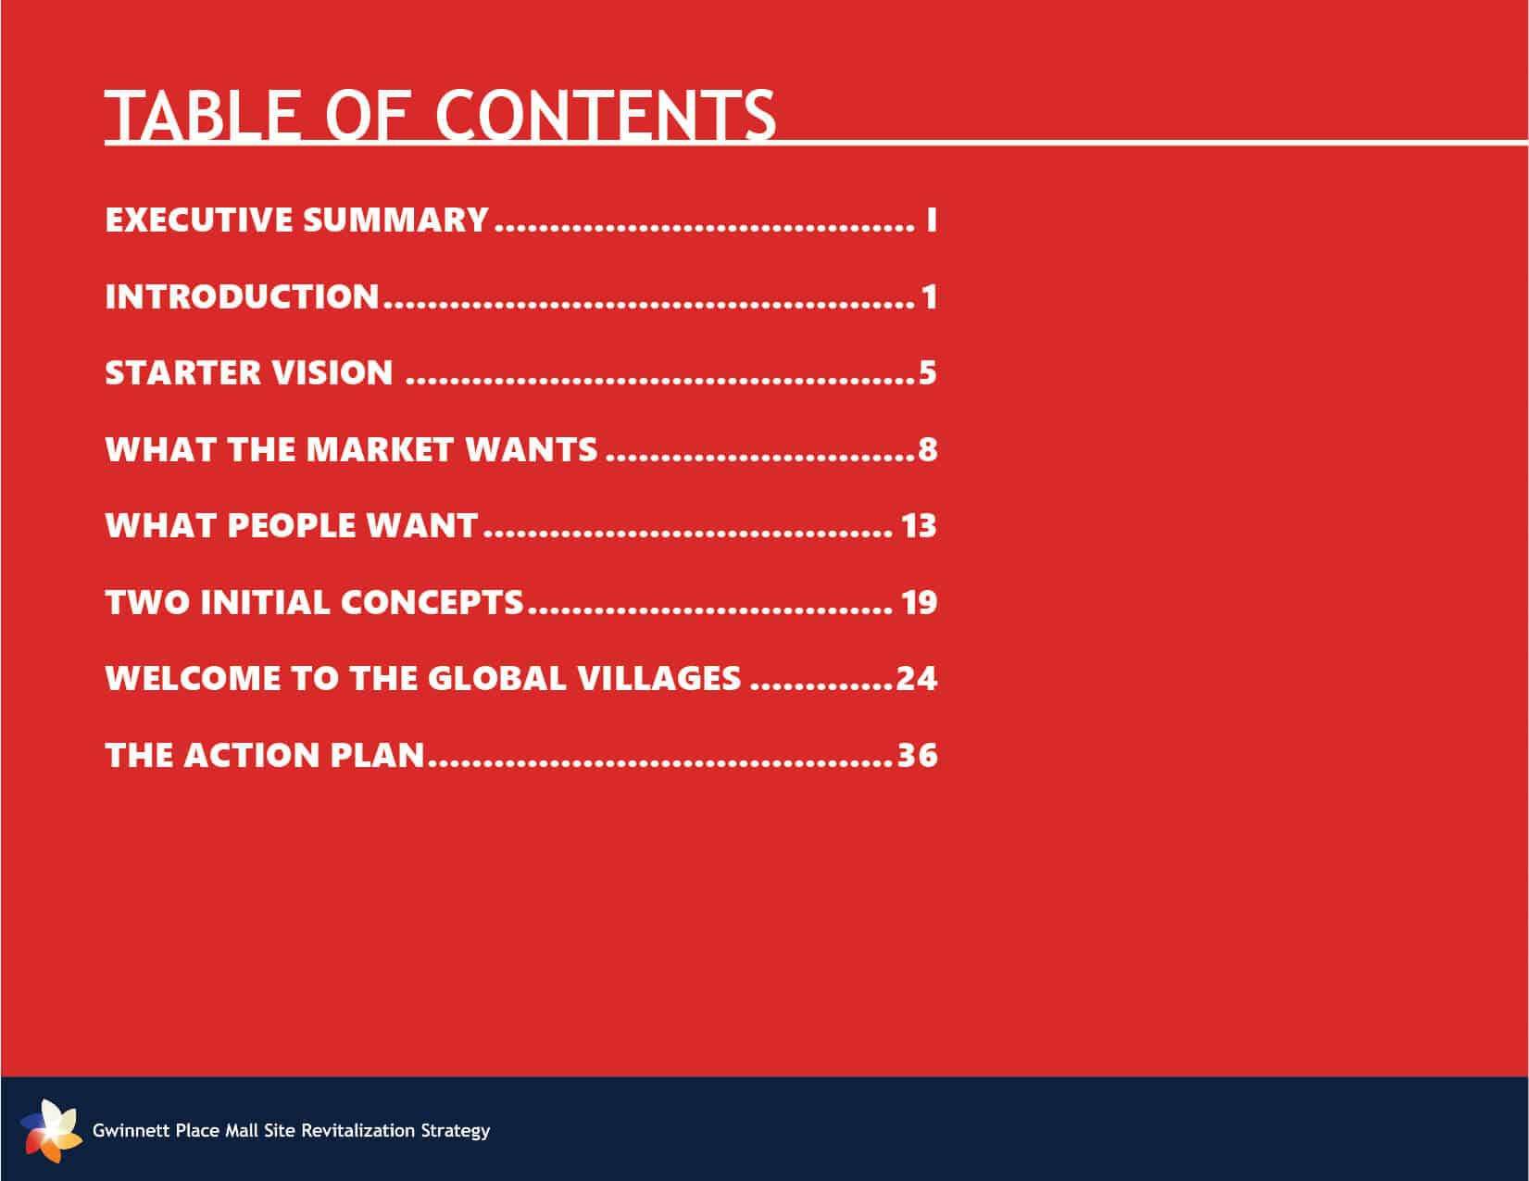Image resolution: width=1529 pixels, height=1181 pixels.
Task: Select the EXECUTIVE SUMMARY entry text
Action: click(297, 220)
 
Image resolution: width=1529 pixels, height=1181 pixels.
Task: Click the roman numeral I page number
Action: click(931, 220)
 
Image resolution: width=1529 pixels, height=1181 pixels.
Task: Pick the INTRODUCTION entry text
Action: click(243, 296)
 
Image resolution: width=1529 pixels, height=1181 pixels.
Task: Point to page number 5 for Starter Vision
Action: click(927, 372)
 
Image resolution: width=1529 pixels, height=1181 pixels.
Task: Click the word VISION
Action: click(332, 372)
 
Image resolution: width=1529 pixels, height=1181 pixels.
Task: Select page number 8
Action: click(927, 449)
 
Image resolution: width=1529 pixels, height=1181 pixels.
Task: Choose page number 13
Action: click(919, 526)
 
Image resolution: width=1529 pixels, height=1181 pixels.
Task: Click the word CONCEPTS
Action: click(432, 602)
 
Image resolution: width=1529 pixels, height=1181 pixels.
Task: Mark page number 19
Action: click(919, 602)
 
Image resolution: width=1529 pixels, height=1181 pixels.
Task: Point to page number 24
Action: click(917, 678)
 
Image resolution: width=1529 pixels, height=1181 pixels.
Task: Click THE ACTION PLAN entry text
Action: click(265, 755)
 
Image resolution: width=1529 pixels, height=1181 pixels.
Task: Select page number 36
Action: click(917, 755)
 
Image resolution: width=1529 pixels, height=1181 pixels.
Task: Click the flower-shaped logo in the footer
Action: click(51, 1131)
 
